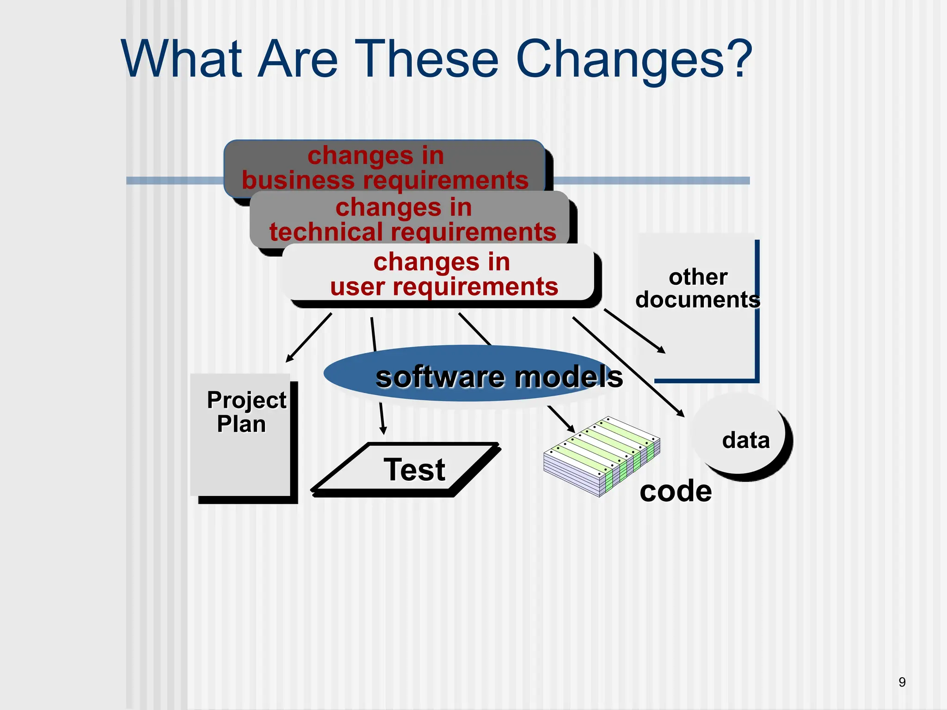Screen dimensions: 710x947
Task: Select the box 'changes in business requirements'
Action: (x=385, y=167)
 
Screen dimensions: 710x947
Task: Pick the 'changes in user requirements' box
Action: (x=441, y=274)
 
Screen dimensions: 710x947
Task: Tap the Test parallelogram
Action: (x=407, y=470)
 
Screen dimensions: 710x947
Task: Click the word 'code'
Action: (x=676, y=491)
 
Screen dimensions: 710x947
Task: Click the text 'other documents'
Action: (x=697, y=288)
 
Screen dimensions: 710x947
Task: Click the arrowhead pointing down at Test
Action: (x=383, y=430)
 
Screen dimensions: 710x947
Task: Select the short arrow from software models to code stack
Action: (x=561, y=419)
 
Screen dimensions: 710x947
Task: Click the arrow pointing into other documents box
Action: (x=634, y=331)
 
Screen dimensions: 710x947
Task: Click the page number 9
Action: (x=902, y=682)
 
